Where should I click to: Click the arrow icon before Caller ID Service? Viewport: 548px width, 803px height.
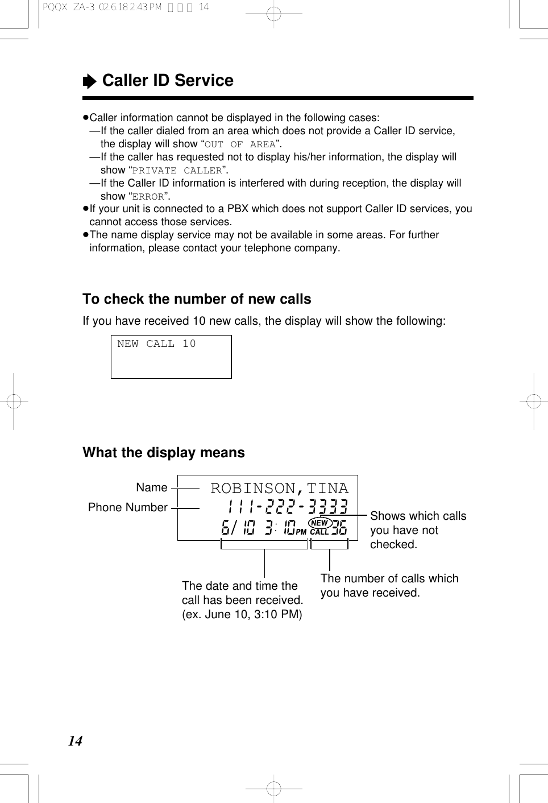tap(89, 82)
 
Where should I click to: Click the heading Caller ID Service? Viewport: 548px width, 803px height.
tap(168, 81)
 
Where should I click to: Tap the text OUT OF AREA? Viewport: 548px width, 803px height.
tap(240, 144)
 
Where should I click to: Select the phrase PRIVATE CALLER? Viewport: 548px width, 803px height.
tap(177, 171)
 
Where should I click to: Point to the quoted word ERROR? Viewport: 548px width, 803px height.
tap(148, 197)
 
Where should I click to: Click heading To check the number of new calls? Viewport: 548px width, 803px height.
tap(197, 299)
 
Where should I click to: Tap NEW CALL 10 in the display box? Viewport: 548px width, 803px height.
tap(156, 344)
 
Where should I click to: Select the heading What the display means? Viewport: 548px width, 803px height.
tap(164, 453)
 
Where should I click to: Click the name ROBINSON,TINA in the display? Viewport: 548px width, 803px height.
tap(279, 489)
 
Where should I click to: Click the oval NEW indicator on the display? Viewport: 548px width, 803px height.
tap(319, 523)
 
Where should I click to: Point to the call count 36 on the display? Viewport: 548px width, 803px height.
tap(339, 528)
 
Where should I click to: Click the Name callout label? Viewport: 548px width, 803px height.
tap(152, 487)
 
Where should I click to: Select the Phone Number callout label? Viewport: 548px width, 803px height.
tap(128, 507)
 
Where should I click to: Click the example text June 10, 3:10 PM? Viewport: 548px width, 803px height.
tap(242, 614)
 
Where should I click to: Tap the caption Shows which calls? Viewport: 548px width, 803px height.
tap(418, 516)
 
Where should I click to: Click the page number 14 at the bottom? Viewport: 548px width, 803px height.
tap(75, 741)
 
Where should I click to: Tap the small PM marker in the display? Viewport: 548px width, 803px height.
tap(301, 532)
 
